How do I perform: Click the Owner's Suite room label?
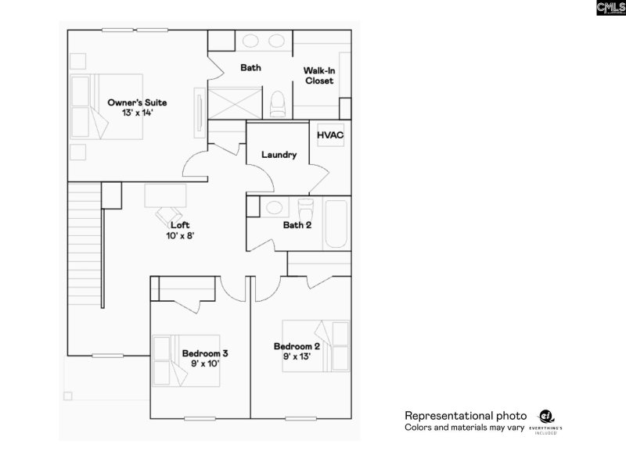coord(137,102)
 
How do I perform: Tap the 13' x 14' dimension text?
coord(137,113)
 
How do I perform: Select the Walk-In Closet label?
coord(319,76)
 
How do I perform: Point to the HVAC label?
coord(329,134)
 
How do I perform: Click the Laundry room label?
coord(279,155)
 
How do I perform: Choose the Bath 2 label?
coord(297,226)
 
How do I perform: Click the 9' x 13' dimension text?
coord(297,357)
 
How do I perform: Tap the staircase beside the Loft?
coord(84,266)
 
